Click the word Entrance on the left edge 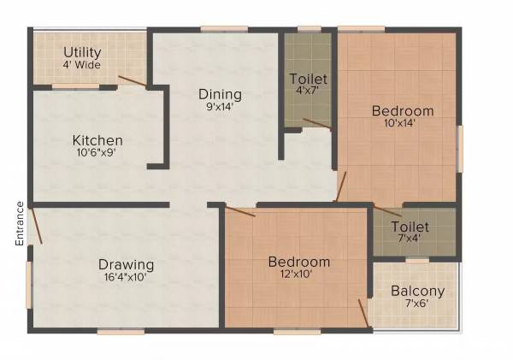[19, 223]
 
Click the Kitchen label [97, 140]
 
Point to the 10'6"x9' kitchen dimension [97, 154]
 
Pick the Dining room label [220, 94]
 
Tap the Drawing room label [126, 264]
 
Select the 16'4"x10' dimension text [126, 277]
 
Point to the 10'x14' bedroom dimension [403, 123]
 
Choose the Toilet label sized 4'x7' [309, 80]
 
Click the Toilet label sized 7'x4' [410, 227]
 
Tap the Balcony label [413, 291]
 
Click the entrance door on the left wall [35, 227]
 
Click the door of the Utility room [133, 82]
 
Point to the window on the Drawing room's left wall [29, 284]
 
